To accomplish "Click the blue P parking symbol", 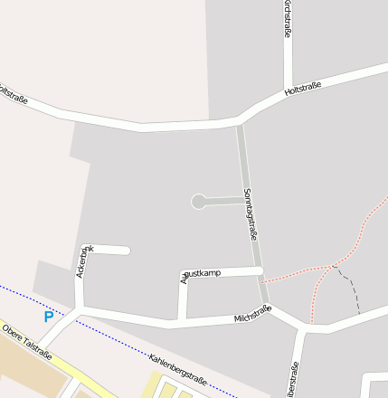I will pos(49,317).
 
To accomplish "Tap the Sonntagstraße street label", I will pos(251,213).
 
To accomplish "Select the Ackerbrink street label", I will pos(82,261).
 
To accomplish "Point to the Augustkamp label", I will pos(201,273).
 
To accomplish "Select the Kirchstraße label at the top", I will pos(288,19).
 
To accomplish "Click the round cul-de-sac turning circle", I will pos(198,202).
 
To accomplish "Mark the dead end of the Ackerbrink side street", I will pos(127,251).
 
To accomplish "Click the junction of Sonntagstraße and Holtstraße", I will pos(239,121).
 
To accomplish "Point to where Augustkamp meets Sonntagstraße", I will pos(260,270).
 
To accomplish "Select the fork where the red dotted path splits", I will pos(333,265).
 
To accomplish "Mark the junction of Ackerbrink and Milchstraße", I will pos(80,309).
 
